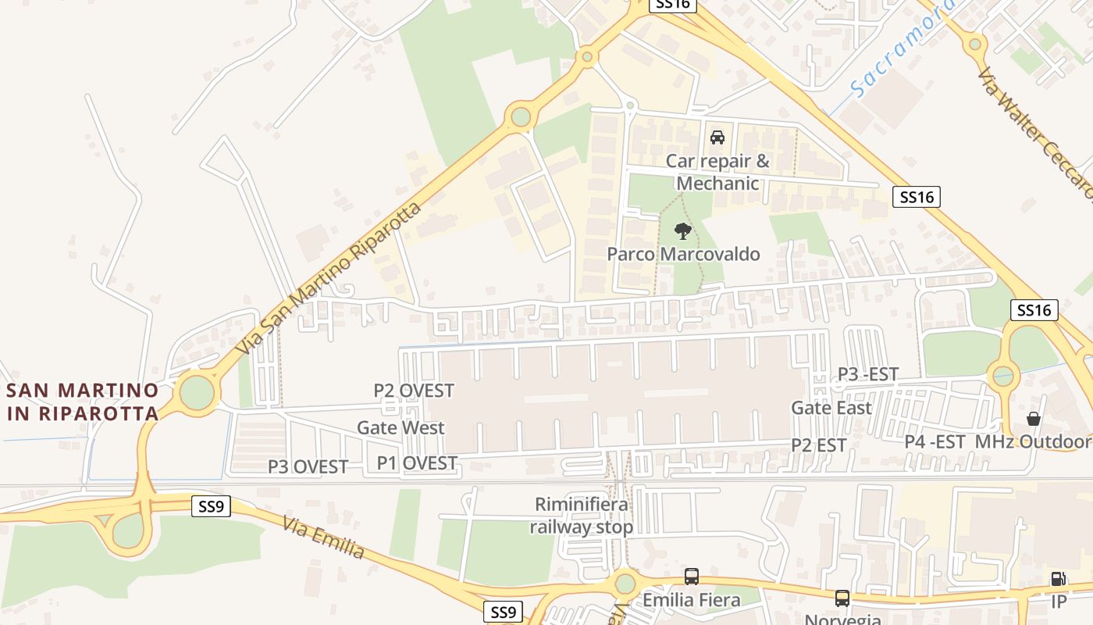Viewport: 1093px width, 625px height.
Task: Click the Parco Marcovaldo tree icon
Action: coord(683,231)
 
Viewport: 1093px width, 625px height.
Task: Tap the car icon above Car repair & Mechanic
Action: coord(717,137)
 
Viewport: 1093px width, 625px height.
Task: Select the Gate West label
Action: coord(401,427)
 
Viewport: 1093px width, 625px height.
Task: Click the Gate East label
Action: coord(831,407)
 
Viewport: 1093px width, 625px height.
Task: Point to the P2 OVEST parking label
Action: coord(413,390)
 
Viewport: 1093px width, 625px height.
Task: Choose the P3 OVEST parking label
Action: coord(308,466)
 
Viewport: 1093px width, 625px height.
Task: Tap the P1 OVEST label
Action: coord(417,463)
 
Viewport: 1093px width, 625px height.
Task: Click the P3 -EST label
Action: coord(867,374)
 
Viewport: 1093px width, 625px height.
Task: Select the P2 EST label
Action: coord(818,445)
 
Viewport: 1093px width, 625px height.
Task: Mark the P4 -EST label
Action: coord(935,441)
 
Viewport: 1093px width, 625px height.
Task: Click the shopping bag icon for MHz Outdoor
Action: coord(1034,420)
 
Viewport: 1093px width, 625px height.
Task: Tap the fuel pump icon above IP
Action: coord(1058,579)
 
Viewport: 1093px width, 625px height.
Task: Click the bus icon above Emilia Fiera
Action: coord(691,577)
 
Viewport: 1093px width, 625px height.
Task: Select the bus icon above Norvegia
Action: coord(842,598)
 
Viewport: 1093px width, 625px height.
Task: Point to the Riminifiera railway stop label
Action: coord(581,516)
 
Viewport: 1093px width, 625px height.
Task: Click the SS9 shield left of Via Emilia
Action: coord(211,506)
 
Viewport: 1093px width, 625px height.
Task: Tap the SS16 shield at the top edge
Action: coord(671,4)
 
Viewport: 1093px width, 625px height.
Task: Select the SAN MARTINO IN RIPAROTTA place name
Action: coord(83,401)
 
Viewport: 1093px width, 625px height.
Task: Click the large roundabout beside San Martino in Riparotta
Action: coord(197,393)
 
